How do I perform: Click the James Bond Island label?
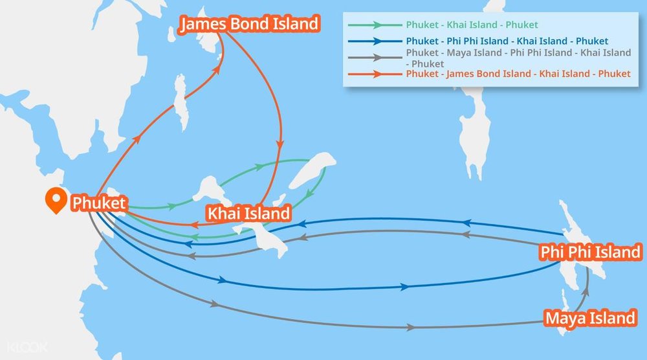250,25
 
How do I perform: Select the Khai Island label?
248,213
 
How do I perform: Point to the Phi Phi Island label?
589,251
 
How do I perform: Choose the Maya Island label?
589,318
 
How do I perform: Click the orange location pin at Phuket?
56,201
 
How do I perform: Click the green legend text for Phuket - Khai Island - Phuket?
472,25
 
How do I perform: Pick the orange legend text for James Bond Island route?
518,74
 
